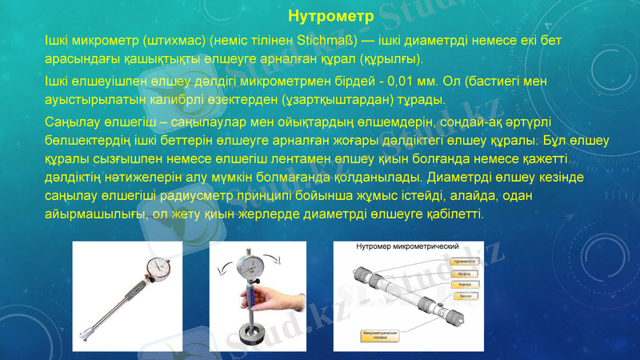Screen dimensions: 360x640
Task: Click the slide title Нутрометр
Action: point(319,15)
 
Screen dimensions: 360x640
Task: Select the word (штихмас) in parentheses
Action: point(151,40)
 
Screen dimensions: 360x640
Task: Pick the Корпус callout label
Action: point(463,285)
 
